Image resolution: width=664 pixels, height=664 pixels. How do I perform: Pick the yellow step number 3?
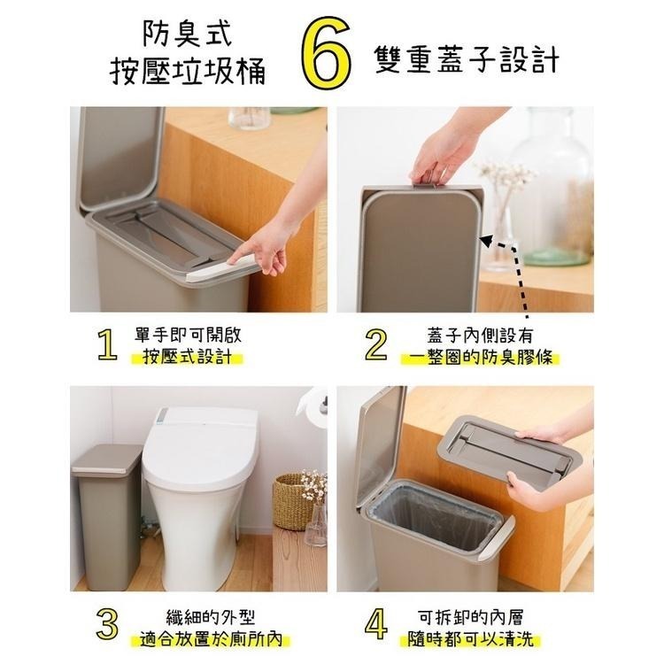[107, 624]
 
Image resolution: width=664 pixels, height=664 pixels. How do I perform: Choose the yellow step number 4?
[375, 624]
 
